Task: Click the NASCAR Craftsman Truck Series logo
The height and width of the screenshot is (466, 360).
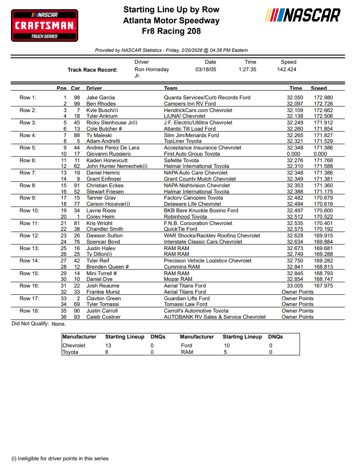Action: point(44,26)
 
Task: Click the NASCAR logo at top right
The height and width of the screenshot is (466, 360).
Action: point(303,16)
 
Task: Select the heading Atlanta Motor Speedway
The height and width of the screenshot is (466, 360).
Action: point(171,20)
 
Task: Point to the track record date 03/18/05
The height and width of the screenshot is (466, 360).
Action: point(206,69)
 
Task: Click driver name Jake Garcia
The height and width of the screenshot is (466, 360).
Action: point(101,98)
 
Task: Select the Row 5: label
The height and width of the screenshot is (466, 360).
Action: point(28,148)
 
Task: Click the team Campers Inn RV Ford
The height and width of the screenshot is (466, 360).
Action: point(190,104)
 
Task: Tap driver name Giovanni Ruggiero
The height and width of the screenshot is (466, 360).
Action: point(108,154)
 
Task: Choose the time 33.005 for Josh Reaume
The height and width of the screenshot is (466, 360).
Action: point(295,286)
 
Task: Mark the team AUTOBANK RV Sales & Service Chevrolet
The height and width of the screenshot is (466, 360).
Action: point(215,317)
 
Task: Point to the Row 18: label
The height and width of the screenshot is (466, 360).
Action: point(29,311)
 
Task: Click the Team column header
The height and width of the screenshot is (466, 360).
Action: point(171,88)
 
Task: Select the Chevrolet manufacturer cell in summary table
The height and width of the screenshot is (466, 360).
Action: point(74,346)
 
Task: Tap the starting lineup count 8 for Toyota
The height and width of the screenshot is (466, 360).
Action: point(107,352)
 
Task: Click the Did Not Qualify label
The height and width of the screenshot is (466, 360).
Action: point(30,324)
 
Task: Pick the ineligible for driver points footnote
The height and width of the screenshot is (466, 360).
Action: point(60,458)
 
